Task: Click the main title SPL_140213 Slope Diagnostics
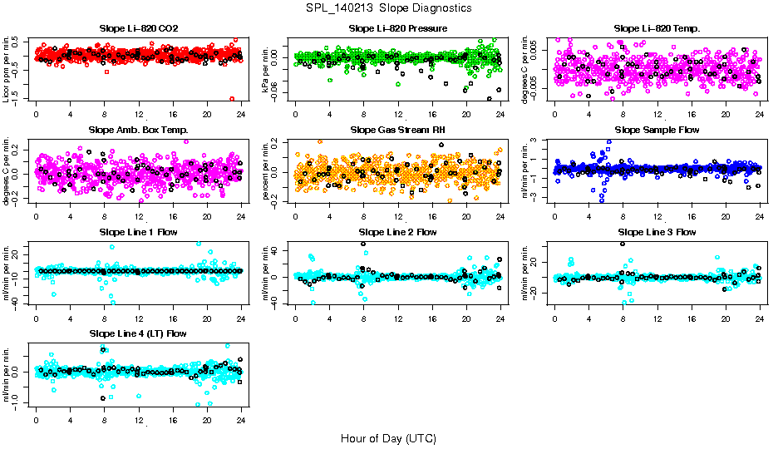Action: (388, 8)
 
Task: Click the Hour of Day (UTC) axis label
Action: (388, 438)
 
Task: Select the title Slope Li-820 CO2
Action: (138, 29)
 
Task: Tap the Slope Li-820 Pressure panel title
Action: (398, 29)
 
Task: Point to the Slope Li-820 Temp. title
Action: (657, 29)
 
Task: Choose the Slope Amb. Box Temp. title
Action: (138, 131)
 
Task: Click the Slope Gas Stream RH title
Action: (398, 131)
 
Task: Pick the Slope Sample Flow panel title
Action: (657, 131)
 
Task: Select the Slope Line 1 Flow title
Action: (138, 232)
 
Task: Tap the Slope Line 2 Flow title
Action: (398, 232)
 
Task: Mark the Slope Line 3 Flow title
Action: (657, 232)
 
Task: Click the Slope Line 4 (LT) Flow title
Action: (138, 333)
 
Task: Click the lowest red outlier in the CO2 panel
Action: (231, 99)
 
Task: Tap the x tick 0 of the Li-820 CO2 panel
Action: (36, 115)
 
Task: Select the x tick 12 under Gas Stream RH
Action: (398, 216)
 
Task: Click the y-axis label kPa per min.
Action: (267, 68)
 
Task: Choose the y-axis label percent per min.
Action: (267, 170)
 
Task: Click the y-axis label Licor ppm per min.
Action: (7, 68)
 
